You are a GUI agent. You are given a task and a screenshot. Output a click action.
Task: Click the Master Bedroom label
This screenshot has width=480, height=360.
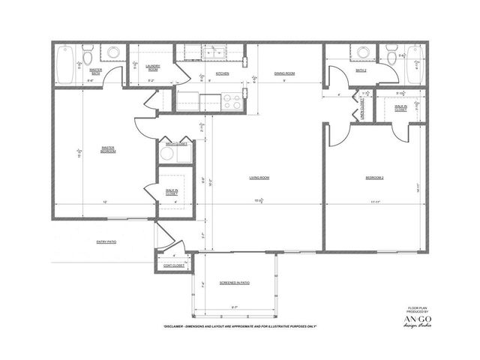pyautogui.click(x=107, y=149)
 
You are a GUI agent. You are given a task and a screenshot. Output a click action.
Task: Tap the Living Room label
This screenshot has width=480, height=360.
pyautogui.click(x=259, y=178)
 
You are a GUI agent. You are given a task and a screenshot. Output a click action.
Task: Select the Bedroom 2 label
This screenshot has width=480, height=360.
pyautogui.click(x=374, y=178)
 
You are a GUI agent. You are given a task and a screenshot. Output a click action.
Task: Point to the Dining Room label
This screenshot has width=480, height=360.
pyautogui.click(x=284, y=73)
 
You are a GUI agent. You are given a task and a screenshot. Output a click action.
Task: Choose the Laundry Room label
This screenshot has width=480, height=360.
pyautogui.click(x=152, y=67)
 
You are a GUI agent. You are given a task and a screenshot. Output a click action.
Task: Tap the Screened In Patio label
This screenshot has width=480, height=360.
pyautogui.click(x=235, y=283)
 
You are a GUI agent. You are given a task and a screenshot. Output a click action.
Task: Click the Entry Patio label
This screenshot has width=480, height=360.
pyautogui.click(x=107, y=241)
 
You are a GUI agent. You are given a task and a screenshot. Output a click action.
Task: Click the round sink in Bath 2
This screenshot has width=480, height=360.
pyautogui.click(x=364, y=52)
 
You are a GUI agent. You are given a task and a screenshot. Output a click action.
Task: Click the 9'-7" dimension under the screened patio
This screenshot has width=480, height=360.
pyautogui.click(x=235, y=308)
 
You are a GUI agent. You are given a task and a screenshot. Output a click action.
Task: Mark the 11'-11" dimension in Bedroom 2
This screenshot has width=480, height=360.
pyautogui.click(x=374, y=202)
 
